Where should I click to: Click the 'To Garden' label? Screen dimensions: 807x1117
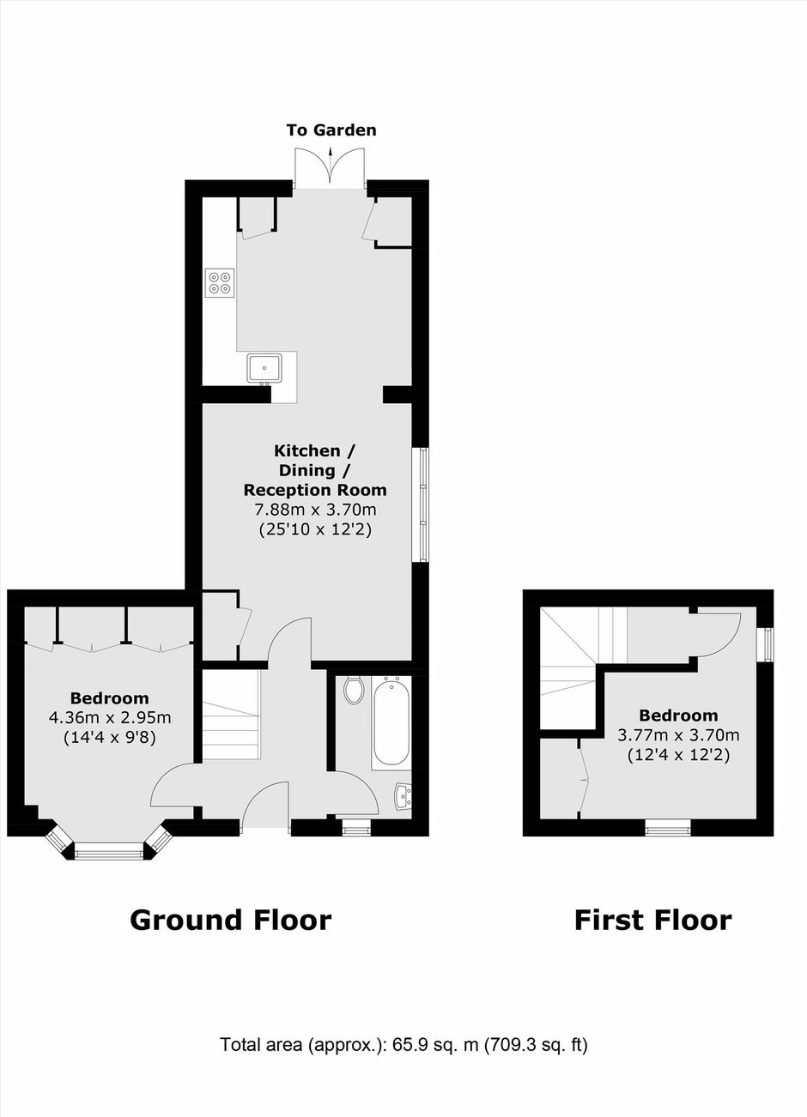pos(331,130)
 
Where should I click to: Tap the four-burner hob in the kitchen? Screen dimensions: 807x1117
pos(220,283)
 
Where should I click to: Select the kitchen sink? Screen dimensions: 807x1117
pos(264,369)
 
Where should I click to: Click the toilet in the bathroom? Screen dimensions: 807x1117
pos(354,690)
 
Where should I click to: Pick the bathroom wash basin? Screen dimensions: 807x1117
pos(403,796)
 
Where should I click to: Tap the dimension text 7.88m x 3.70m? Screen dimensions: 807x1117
pos(315,510)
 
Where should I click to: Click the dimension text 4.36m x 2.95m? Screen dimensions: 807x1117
pos(110,717)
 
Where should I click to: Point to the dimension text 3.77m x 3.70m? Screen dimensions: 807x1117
pos(678,735)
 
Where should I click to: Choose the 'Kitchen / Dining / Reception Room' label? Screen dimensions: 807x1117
pos(315,470)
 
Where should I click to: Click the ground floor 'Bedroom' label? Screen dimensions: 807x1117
pos(109,697)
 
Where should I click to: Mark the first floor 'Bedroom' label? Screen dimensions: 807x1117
pos(678,715)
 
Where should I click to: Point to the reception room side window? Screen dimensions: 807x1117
pos(421,504)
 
